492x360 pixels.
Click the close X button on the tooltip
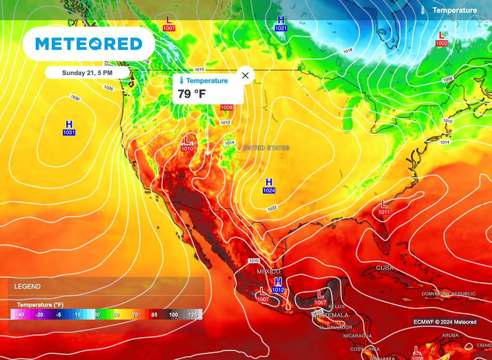pos(246,75)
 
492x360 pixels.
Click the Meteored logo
pos(89,44)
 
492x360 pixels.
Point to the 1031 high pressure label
pos(69,132)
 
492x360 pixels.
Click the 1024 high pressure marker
pos(269,191)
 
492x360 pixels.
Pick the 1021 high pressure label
pos(281,28)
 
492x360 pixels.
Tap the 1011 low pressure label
pos(384,212)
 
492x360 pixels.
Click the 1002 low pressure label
pos(442,43)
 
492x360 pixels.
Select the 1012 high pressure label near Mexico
pos(278,290)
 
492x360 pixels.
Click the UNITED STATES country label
pos(266,148)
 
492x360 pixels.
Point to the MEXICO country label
pos(269,272)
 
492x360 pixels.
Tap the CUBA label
pos(385,268)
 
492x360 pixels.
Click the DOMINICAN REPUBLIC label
pos(448,294)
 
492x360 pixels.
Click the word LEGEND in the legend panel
pos(27,286)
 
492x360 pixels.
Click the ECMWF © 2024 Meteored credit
pos(444,322)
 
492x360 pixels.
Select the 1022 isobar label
pos(272,208)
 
